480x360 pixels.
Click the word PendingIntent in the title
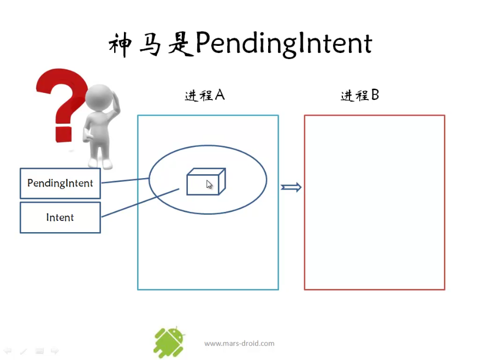tap(284, 44)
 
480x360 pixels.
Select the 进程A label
tap(205, 95)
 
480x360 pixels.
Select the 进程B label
tap(360, 95)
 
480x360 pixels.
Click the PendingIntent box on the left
tap(60, 184)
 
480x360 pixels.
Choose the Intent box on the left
tap(60, 217)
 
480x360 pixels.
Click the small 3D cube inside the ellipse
tap(206, 181)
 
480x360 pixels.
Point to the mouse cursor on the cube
tap(209, 185)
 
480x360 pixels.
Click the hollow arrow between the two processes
tap(291, 187)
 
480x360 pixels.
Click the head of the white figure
tap(99, 98)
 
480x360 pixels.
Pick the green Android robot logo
tap(169, 342)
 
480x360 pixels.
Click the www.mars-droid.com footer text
tap(239, 344)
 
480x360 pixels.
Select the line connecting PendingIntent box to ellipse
tap(125, 181)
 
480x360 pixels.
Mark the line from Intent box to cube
tap(140, 203)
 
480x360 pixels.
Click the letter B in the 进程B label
tap(375, 95)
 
